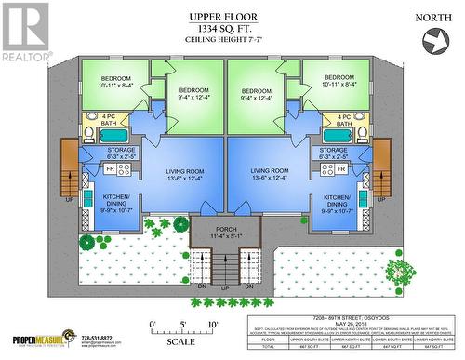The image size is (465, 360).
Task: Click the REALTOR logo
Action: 24,30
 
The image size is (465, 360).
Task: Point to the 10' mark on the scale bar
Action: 214,324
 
